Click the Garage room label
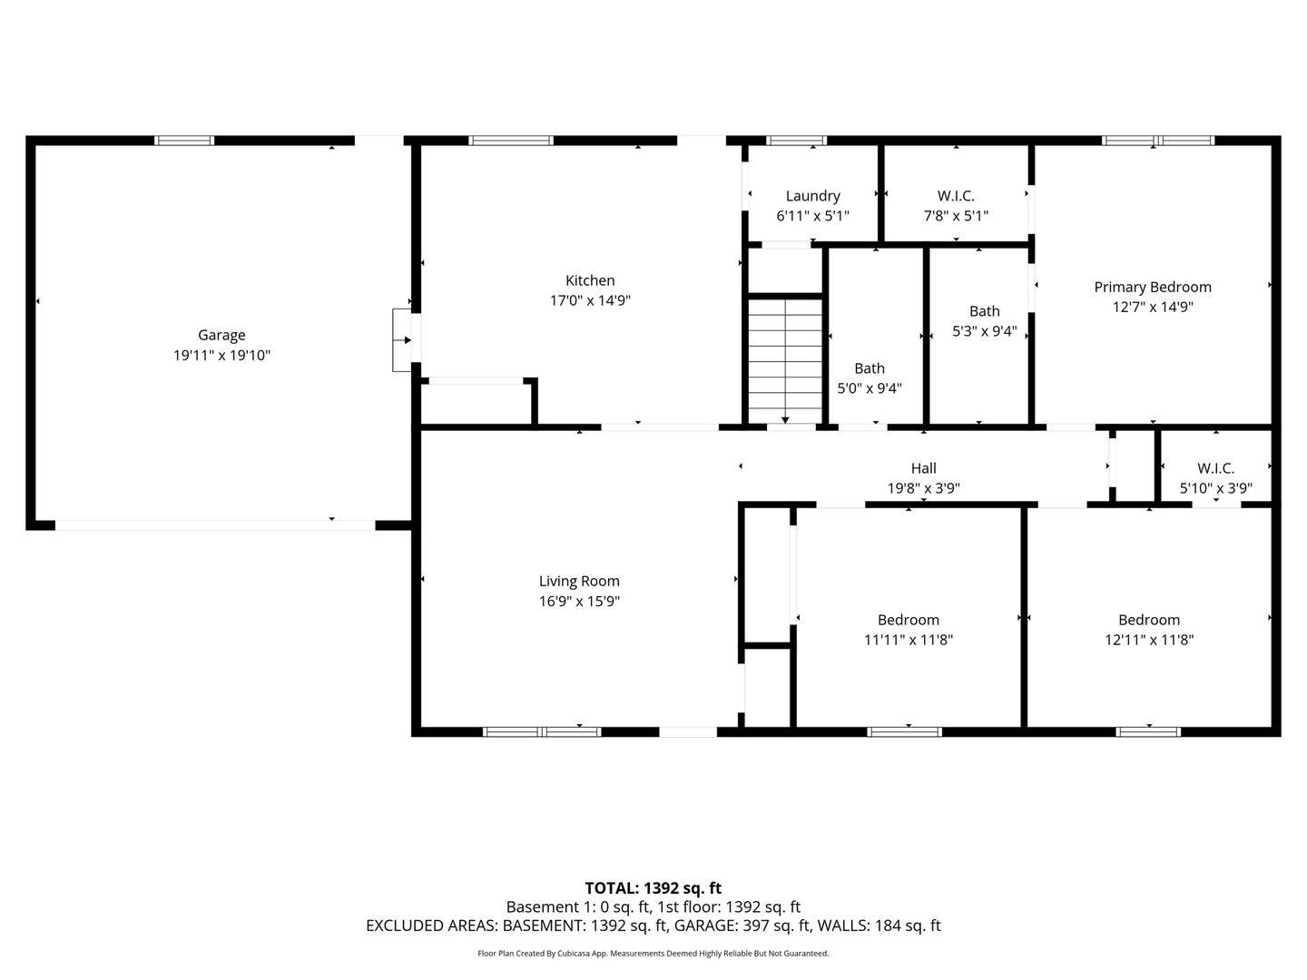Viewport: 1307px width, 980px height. pyautogui.click(x=221, y=335)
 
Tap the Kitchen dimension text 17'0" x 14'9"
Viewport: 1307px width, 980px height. pyautogui.click(x=590, y=300)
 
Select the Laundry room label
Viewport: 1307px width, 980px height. pyautogui.click(x=812, y=196)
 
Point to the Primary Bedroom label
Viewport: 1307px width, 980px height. pyautogui.click(x=1153, y=288)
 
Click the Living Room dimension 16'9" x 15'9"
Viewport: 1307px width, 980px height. pyautogui.click(x=579, y=601)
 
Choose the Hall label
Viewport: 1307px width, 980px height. pyautogui.click(x=924, y=468)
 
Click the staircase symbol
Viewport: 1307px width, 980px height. pyautogui.click(x=785, y=361)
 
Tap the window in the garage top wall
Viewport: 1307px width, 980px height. pyautogui.click(x=184, y=141)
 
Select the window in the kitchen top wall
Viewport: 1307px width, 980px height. pyautogui.click(x=511, y=141)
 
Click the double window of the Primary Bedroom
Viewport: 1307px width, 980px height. pyautogui.click(x=1158, y=141)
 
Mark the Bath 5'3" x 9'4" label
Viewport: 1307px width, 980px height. pyautogui.click(x=984, y=321)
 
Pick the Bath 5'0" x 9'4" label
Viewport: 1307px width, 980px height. pyautogui.click(x=870, y=378)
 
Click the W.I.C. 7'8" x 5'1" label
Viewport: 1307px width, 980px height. pyautogui.click(x=956, y=206)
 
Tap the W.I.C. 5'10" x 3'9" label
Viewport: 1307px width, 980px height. pyautogui.click(x=1216, y=478)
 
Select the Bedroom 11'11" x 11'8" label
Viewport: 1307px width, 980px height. pyautogui.click(x=908, y=630)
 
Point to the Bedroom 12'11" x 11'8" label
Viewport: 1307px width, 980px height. pyautogui.click(x=1149, y=630)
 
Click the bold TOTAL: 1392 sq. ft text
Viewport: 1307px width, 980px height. pyautogui.click(x=653, y=888)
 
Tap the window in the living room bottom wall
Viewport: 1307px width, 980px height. pyautogui.click(x=542, y=732)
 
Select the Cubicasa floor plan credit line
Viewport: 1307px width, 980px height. pyautogui.click(x=653, y=953)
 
